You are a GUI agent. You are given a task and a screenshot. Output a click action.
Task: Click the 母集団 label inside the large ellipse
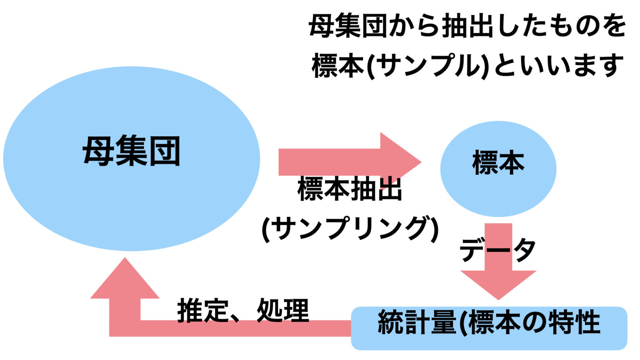pos(132,151)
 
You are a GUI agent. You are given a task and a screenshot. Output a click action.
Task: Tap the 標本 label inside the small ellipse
pos(498,163)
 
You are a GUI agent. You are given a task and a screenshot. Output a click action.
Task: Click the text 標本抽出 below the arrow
pos(350,190)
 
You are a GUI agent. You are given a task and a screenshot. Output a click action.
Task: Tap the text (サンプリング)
pos(350,228)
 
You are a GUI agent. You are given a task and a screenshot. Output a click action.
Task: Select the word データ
pos(497,250)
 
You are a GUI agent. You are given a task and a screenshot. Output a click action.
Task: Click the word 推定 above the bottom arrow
pos(203,311)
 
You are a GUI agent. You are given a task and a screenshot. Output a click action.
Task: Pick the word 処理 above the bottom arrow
pos(283,311)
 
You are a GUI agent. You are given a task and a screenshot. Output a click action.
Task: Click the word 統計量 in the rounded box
pos(417,322)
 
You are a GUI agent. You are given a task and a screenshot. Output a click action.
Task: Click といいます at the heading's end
pos(558,66)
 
